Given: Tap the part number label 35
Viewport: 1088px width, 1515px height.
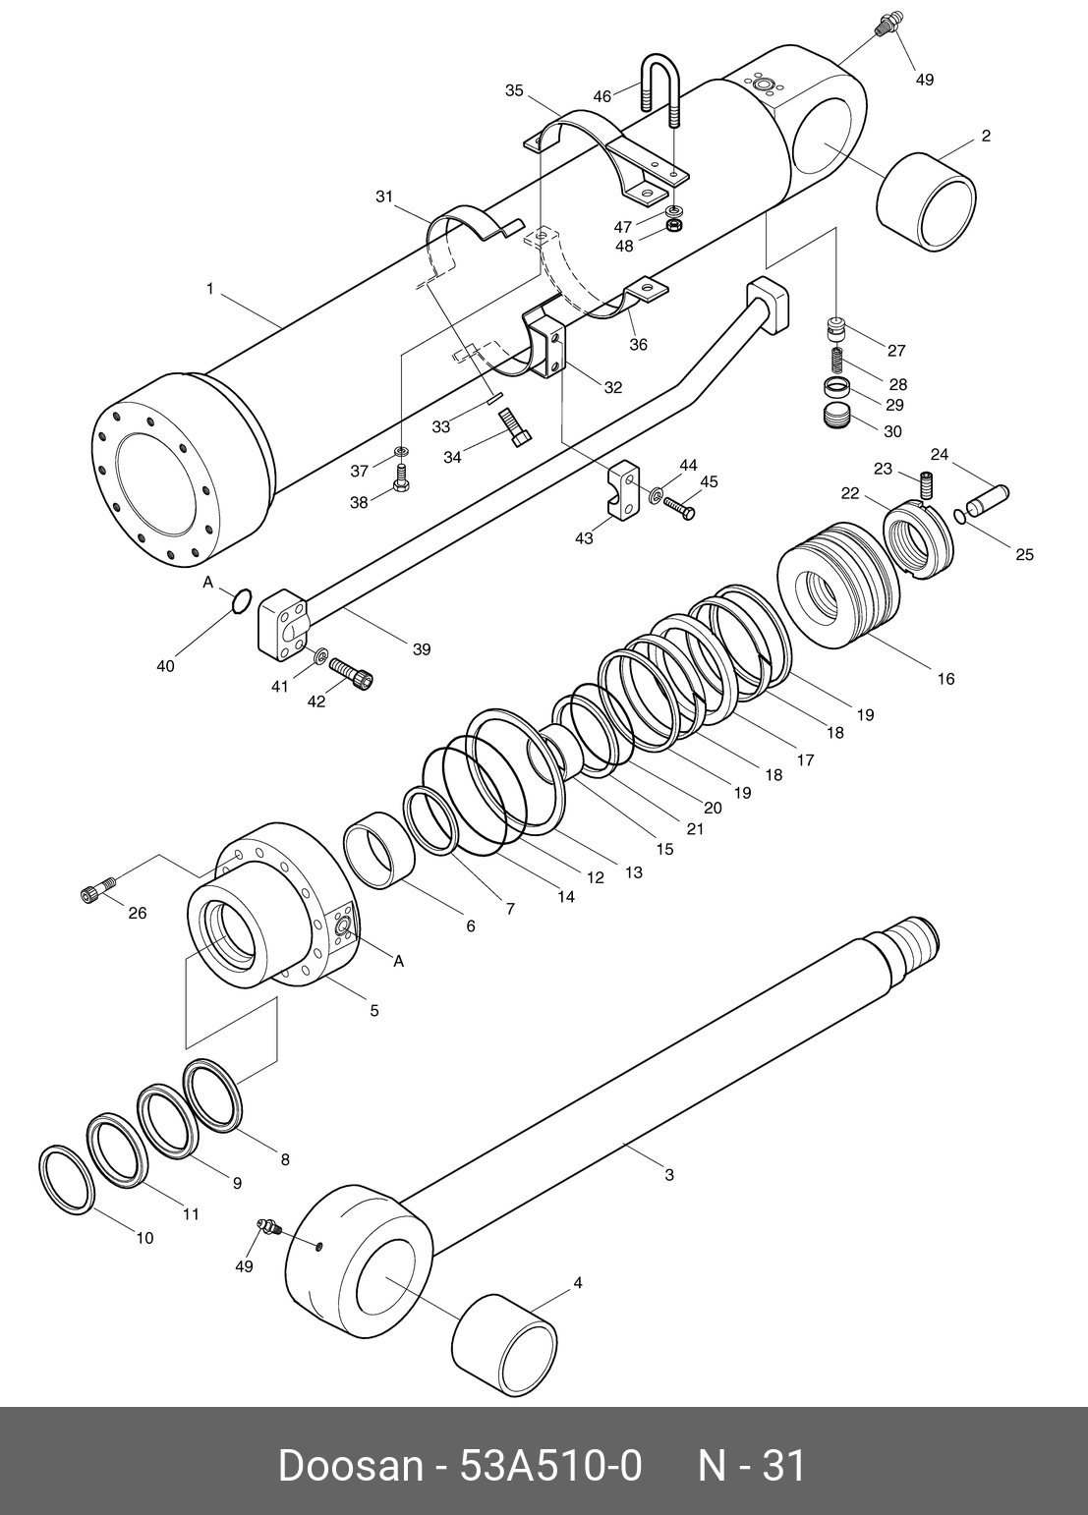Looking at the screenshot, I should tap(514, 90).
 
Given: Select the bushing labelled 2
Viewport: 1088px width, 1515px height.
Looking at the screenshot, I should tap(925, 201).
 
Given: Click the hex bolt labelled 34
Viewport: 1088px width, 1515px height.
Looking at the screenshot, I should tap(513, 427).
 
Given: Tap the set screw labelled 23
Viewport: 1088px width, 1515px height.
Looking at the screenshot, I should tap(925, 484).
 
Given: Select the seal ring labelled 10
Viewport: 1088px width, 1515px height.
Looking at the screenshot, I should tap(67, 1179).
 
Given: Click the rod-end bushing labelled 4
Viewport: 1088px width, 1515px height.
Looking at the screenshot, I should tap(504, 1342).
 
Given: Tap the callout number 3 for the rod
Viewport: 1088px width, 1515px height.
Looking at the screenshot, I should tap(669, 1174).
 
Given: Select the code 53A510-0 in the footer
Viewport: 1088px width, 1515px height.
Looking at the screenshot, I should tap(550, 1466).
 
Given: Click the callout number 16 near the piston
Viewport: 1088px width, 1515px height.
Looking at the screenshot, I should tap(945, 679).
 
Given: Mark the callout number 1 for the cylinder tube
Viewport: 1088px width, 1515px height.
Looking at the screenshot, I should tap(209, 288).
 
